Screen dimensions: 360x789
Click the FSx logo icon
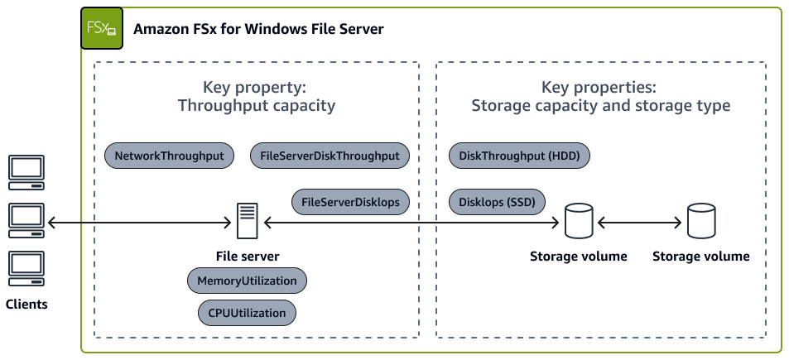[101, 28]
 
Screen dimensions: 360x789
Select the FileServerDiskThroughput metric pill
[329, 155]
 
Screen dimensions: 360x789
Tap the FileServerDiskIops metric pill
[350, 202]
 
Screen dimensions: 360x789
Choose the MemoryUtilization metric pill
[247, 281]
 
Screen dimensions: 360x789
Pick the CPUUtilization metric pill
[247, 313]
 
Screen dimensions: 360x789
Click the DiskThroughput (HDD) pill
[519, 155]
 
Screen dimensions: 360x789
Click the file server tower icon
[247, 221]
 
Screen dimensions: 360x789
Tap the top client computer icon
[26, 170]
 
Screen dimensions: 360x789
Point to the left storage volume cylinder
[578, 221]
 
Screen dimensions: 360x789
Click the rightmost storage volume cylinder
[700, 221]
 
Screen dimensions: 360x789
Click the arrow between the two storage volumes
[639, 222]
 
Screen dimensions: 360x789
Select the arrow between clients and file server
[137, 222]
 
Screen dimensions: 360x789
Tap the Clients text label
[26, 304]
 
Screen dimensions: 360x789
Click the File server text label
[247, 256]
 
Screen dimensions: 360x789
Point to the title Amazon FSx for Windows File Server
[258, 29]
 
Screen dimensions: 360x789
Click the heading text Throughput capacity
[256, 105]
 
